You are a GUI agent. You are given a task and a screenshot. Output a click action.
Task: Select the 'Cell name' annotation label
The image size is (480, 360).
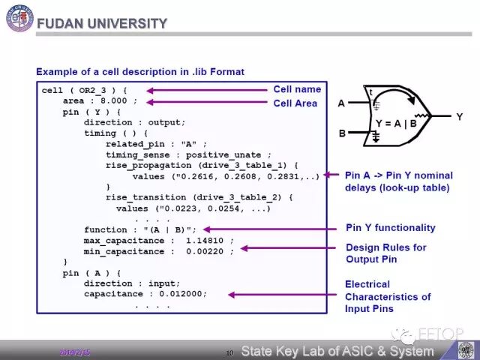[x=297, y=89]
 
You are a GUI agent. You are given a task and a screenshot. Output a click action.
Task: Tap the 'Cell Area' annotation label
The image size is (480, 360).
[x=295, y=103]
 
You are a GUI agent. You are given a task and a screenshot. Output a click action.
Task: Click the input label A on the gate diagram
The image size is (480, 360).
[x=341, y=103]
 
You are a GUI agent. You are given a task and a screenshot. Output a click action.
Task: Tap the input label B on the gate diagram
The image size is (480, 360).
[x=341, y=134]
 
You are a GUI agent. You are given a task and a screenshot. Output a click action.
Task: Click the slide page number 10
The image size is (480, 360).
[x=230, y=352]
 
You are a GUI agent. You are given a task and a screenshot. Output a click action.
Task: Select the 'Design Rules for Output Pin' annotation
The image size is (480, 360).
[x=386, y=253]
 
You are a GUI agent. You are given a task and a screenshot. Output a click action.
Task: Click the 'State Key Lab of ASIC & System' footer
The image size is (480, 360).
[x=337, y=351]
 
